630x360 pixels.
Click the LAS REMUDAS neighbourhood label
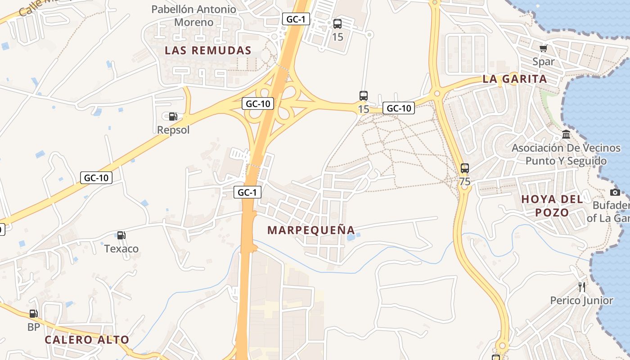[208, 50]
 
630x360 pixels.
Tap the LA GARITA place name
[515, 79]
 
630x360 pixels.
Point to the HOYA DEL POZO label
[552, 206]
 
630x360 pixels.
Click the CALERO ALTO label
[87, 340]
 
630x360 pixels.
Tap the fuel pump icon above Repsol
[173, 117]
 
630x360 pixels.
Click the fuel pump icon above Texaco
[121, 235]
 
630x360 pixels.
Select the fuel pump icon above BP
[34, 314]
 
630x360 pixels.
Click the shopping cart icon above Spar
[544, 48]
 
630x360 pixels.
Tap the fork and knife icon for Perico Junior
[582, 287]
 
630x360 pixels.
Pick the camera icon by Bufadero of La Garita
[615, 193]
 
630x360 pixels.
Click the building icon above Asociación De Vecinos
[566, 135]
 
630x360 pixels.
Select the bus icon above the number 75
[465, 169]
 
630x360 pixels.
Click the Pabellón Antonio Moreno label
[194, 15]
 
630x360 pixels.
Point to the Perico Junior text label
[582, 301]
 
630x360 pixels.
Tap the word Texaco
[121, 249]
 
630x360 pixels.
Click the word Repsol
[173, 130]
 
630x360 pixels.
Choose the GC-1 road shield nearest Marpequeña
[247, 193]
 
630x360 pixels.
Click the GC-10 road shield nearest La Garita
[399, 108]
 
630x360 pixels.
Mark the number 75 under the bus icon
[465, 182]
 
